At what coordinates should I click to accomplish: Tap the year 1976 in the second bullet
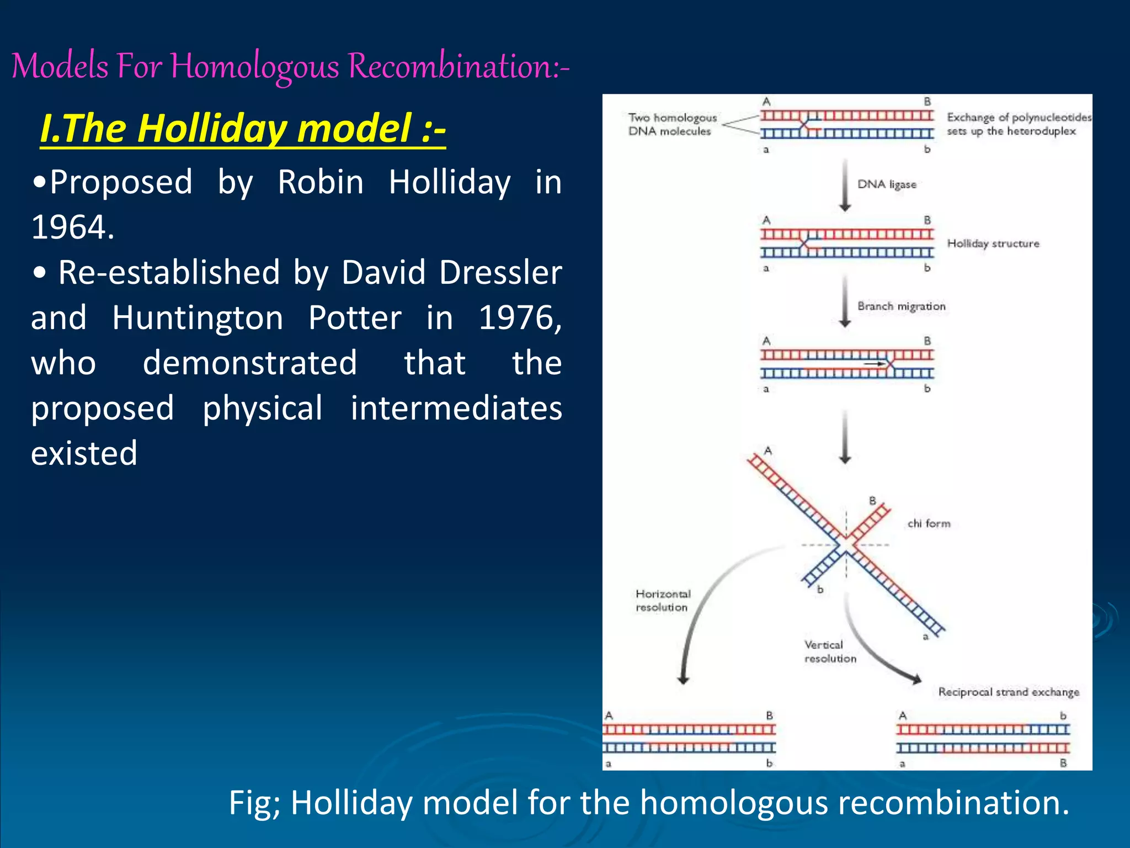(518, 318)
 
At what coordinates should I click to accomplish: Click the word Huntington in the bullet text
(198, 318)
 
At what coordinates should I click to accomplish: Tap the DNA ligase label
(886, 184)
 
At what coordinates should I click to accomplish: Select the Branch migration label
(901, 306)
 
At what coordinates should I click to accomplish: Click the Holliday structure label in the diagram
(993, 243)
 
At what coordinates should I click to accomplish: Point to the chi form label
(929, 523)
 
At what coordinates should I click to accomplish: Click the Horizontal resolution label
(663, 601)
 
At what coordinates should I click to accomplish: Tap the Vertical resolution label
(829, 651)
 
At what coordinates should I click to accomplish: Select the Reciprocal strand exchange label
(1008, 692)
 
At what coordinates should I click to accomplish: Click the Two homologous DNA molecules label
(671, 124)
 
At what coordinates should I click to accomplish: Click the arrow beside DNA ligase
(845, 185)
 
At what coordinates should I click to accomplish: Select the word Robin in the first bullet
(320, 182)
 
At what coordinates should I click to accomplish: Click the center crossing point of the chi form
(846, 544)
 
